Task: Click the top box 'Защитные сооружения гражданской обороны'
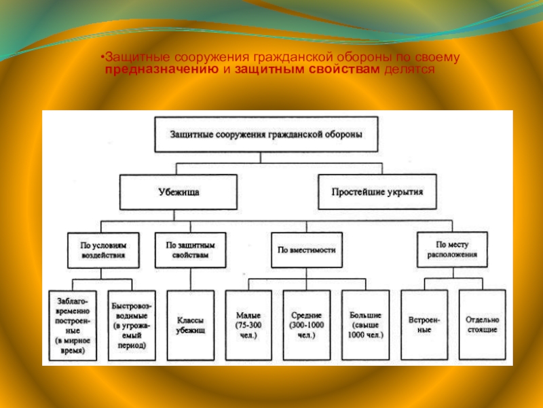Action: [266, 134]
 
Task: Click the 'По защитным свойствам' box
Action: [181, 250]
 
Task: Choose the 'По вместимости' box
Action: [307, 250]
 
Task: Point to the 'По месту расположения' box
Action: [452, 250]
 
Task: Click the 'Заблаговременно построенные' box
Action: [72, 324]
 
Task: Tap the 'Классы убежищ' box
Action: [191, 324]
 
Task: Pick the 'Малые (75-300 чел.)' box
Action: [249, 324]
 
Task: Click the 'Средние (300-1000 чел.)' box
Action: [307, 324]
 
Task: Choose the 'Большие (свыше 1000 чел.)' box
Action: [365, 324]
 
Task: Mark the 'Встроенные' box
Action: [424, 324]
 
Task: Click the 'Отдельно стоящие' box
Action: [482, 324]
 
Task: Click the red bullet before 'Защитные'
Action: [102, 58]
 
